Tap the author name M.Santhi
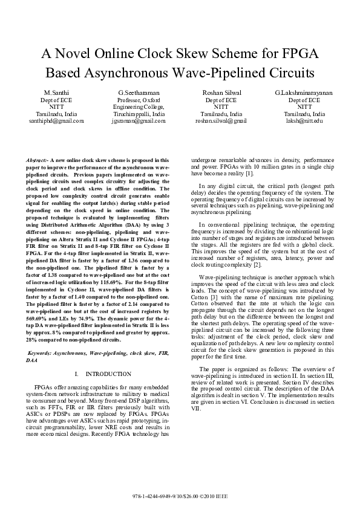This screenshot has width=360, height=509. tap(56, 92)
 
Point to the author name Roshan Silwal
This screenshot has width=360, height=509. tap(221, 92)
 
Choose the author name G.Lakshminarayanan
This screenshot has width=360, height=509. tap(304, 92)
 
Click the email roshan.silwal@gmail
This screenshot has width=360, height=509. tap(221, 121)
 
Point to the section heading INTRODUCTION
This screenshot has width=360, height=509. tap(109, 374)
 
